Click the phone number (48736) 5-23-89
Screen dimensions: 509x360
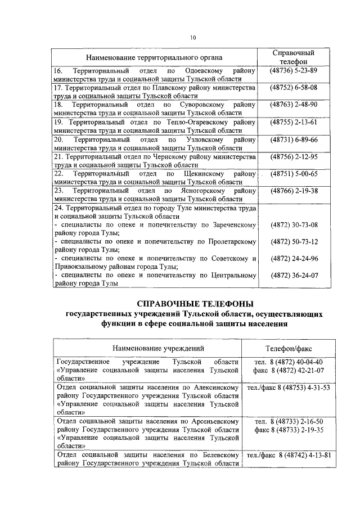coord(294,71)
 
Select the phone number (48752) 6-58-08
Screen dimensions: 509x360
coord(294,88)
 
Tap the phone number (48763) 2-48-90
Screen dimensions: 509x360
coord(294,105)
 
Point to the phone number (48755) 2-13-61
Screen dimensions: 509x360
coord(294,122)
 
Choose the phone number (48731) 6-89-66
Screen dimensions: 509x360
coord(294,139)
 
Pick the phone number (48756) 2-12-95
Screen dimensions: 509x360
coord(294,156)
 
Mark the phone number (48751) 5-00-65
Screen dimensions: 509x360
coord(294,174)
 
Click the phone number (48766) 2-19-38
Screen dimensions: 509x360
coord(294,191)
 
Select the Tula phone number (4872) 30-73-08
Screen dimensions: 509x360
coord(294,225)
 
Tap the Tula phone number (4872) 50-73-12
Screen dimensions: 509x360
coord(294,242)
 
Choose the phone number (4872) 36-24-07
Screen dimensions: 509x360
coord(294,276)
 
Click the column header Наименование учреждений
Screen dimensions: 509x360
coord(150,349)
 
